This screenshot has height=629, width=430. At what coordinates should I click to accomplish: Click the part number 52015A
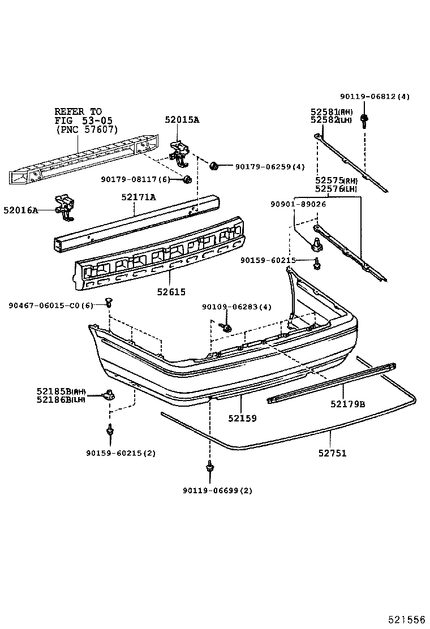tap(182, 120)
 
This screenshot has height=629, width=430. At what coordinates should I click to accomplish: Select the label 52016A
tap(20, 210)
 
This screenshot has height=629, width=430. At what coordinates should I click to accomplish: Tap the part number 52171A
tap(138, 197)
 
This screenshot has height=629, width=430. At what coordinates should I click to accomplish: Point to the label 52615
tap(171, 292)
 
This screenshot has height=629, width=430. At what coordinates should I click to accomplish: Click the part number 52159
tap(242, 419)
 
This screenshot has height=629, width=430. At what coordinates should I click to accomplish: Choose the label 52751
tap(332, 453)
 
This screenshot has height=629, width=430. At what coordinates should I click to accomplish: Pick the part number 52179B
tap(348, 404)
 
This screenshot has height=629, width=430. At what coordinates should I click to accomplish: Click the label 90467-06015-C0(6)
tap(50, 305)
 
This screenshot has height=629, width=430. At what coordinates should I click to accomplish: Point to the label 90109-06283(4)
tap(236, 307)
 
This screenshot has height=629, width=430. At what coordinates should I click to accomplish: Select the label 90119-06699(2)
tap(218, 490)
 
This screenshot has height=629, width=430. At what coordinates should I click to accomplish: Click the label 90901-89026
tap(298, 204)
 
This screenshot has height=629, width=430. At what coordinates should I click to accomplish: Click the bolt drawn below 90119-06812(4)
tap(364, 119)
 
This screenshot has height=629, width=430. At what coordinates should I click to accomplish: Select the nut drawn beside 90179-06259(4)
tap(214, 166)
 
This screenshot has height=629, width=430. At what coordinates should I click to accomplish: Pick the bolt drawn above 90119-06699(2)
tap(210, 467)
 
